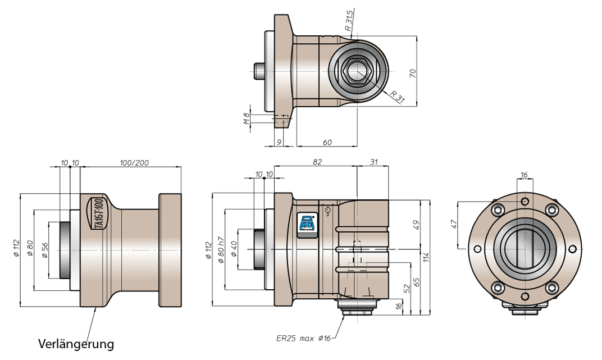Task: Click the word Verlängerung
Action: (76, 344)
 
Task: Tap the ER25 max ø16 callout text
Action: (303, 339)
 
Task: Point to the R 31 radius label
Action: (398, 97)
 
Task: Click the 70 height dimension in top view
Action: (413, 74)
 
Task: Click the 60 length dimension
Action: (327, 143)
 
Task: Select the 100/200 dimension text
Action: (134, 163)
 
